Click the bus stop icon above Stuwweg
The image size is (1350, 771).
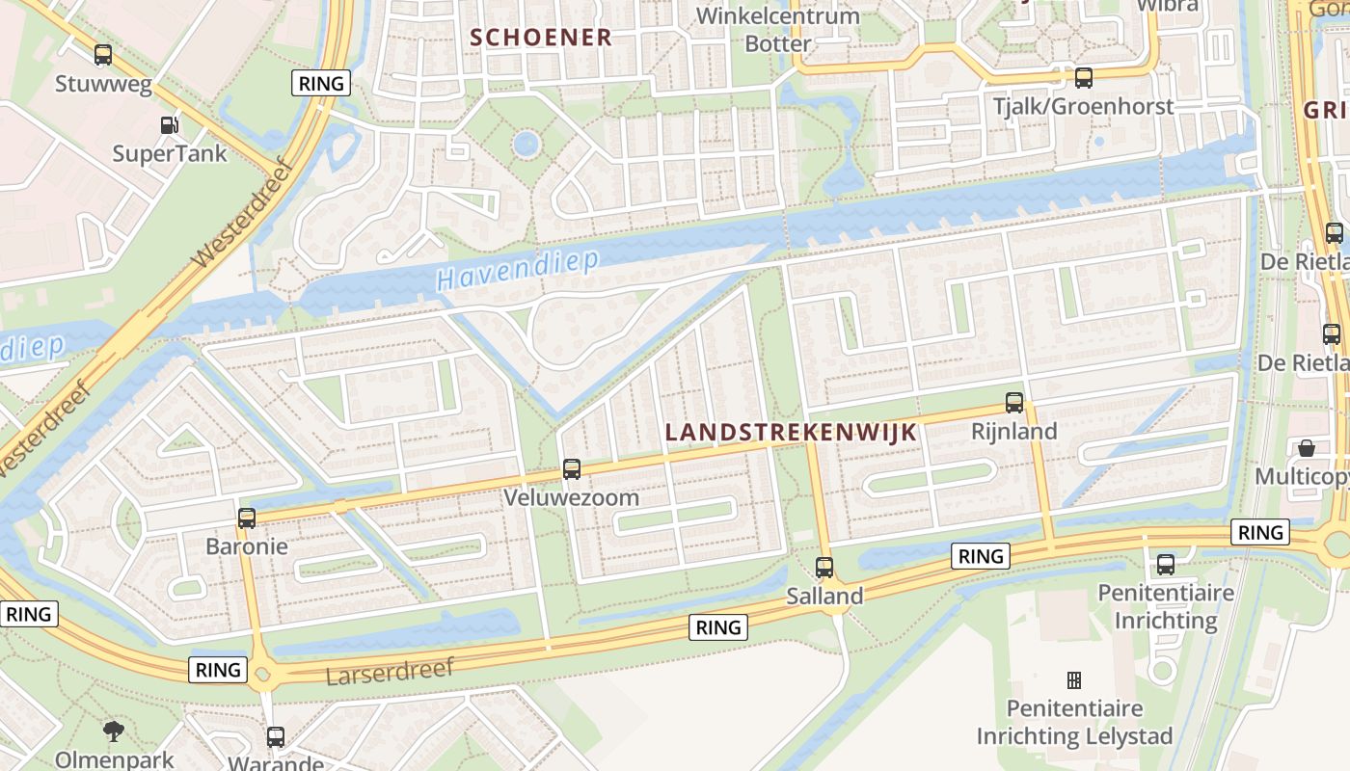pyautogui.click(x=103, y=55)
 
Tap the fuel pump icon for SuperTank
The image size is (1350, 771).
pyautogui.click(x=169, y=124)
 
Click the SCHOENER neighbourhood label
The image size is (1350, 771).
pyautogui.click(x=540, y=38)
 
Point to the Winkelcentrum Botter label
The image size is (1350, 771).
pyautogui.click(x=777, y=30)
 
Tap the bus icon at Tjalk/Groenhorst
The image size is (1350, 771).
pyautogui.click(x=1084, y=78)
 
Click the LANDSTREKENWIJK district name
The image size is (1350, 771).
pyautogui.click(x=791, y=433)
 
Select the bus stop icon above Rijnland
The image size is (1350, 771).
pyautogui.click(x=1014, y=403)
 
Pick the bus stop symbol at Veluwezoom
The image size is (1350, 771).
pyautogui.click(x=572, y=469)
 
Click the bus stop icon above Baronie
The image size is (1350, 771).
pyautogui.click(x=247, y=518)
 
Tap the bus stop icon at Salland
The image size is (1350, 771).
pyautogui.click(x=824, y=568)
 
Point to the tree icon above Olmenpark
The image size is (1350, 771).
pyautogui.click(x=114, y=731)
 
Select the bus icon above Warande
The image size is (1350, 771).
pyautogui.click(x=276, y=737)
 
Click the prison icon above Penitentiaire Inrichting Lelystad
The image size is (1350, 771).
pyautogui.click(x=1074, y=680)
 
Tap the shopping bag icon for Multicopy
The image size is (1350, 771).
pyautogui.click(x=1306, y=448)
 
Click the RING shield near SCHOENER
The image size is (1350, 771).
pyautogui.click(x=321, y=83)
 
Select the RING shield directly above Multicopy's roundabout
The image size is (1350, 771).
pyautogui.click(x=1260, y=532)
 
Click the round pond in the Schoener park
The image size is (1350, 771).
pyautogui.click(x=526, y=145)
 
